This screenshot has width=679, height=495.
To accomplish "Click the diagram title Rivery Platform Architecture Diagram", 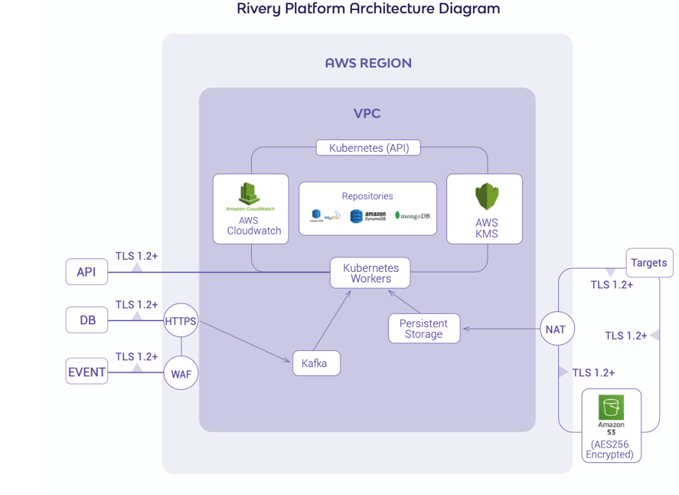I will (368, 9).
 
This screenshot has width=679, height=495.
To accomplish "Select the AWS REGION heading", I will (368, 64).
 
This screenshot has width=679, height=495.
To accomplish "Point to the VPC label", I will (367, 114).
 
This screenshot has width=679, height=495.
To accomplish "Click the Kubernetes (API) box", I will (368, 148).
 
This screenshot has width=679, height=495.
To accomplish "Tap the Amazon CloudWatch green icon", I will (250, 195).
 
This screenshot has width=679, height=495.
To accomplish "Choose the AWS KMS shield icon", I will (487, 197).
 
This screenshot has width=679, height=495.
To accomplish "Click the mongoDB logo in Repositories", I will (413, 216).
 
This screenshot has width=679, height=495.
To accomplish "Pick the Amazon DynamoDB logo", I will (368, 217).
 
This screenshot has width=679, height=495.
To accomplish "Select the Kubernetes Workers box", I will (371, 274).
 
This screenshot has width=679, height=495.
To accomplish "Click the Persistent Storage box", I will (423, 329).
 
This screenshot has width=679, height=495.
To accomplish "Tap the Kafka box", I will (315, 363).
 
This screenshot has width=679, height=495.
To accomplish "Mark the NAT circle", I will (556, 329).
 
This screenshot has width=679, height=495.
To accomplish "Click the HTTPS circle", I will (181, 323).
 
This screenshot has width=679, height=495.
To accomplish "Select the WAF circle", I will (181, 375).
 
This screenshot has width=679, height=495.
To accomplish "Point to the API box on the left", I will (87, 272).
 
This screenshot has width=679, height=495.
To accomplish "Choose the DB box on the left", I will (87, 320).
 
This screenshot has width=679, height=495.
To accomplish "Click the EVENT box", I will (87, 372).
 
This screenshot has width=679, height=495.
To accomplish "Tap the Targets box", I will (649, 263).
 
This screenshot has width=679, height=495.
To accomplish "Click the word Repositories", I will (367, 196).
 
